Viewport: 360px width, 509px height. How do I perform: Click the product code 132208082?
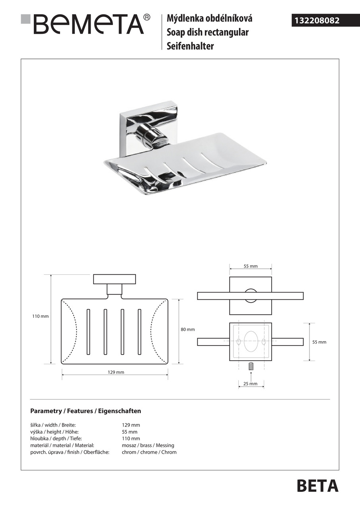317,20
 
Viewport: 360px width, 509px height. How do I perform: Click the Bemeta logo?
88,24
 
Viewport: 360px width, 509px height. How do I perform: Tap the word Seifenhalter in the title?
190,46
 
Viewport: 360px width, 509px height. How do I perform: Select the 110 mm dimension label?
40,317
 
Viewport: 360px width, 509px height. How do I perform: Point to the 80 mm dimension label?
188,330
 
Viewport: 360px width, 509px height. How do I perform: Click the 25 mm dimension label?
251,384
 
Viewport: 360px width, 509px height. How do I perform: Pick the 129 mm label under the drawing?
116,372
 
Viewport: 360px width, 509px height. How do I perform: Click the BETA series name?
317,486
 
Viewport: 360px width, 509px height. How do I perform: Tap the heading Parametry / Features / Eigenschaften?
86,411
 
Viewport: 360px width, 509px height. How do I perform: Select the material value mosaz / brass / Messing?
148,445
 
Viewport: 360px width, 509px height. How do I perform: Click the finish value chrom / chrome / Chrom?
149,452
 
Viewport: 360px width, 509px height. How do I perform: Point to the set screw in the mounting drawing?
251,367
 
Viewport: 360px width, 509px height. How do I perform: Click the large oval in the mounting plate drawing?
251,341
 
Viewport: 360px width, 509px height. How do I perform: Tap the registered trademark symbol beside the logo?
147,17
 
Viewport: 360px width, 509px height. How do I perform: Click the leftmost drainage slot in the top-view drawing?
88,332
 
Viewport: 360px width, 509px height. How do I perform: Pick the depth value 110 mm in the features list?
131,439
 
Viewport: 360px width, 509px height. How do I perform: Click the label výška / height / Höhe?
54,432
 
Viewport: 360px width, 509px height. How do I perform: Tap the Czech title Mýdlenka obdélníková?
209,18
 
